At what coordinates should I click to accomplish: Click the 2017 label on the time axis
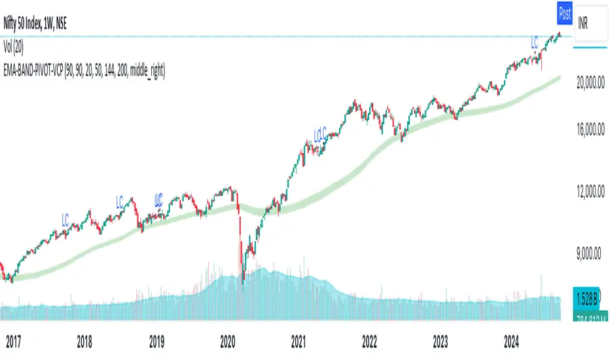pos(14,340)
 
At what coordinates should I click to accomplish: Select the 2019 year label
pos(156,340)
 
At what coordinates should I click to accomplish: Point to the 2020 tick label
pos(228,340)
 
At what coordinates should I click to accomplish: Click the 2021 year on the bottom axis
pos(298,340)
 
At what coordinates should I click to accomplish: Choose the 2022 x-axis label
pos(370,340)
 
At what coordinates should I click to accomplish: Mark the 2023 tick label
pos(440,340)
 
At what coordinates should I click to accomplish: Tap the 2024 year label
pos(512,340)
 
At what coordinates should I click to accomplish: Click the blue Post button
pos(564,12)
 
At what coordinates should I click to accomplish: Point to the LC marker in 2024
pos(533,44)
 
